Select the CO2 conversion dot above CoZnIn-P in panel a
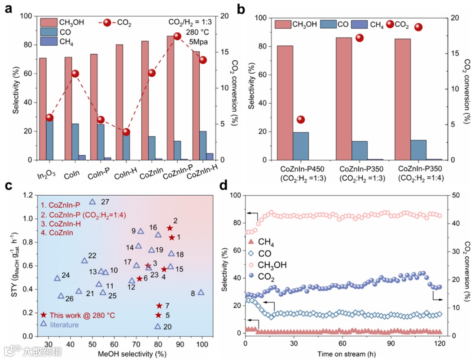tap(177, 36)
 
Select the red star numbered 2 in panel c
tap(170, 228)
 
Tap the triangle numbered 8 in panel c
tap(201, 292)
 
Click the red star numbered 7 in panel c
tap(159, 306)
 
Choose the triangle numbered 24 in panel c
tap(57, 278)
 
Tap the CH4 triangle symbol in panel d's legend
tap(251, 243)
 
